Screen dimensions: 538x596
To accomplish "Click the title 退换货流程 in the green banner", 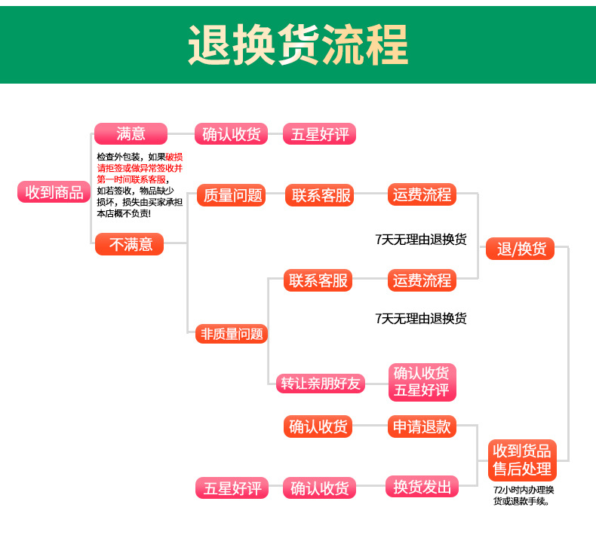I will [297, 45].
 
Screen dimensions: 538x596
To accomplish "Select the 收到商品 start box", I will [54, 192].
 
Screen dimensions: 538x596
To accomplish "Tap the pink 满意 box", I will [131, 134].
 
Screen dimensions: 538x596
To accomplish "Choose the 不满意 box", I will [129, 244].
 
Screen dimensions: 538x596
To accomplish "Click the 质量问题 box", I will [232, 195].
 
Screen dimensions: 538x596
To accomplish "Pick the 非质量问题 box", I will [232, 333].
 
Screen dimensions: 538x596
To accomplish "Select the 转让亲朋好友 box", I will [320, 383].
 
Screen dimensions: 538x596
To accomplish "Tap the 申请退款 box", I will [422, 426].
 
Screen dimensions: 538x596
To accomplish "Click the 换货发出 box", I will [422, 487].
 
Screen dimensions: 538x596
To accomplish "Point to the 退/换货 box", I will [521, 249].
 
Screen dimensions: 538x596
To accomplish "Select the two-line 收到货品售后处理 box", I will [522, 460].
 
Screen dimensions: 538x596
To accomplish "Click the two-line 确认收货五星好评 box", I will [421, 381].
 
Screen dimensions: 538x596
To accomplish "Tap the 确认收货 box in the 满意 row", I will [231, 134].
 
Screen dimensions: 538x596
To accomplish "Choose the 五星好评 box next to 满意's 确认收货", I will [319, 134].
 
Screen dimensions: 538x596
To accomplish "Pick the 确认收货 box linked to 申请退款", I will [319, 426].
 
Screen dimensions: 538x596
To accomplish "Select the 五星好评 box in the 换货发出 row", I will [232, 488].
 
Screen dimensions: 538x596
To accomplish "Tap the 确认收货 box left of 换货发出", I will [319, 488].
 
